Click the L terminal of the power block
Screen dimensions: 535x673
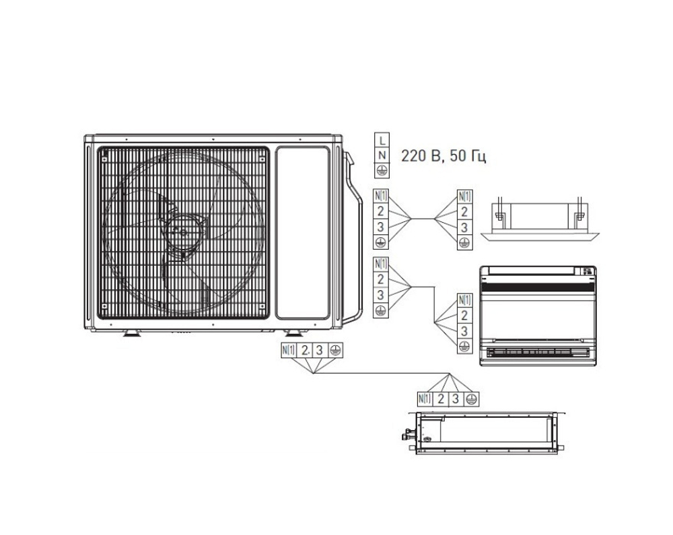[382, 141]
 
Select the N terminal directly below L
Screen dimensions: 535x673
[382, 155]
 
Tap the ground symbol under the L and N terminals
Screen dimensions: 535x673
[382, 170]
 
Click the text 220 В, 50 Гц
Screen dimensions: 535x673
[443, 157]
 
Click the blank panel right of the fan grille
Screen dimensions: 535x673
[303, 232]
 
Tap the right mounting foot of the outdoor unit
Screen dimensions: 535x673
[293, 333]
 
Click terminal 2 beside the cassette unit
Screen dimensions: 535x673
[464, 211]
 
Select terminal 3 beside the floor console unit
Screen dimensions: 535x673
[464, 330]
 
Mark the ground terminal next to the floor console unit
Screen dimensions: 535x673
[464, 346]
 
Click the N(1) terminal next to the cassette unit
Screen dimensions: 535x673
[464, 196]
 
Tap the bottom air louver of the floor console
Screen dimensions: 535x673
[538, 352]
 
